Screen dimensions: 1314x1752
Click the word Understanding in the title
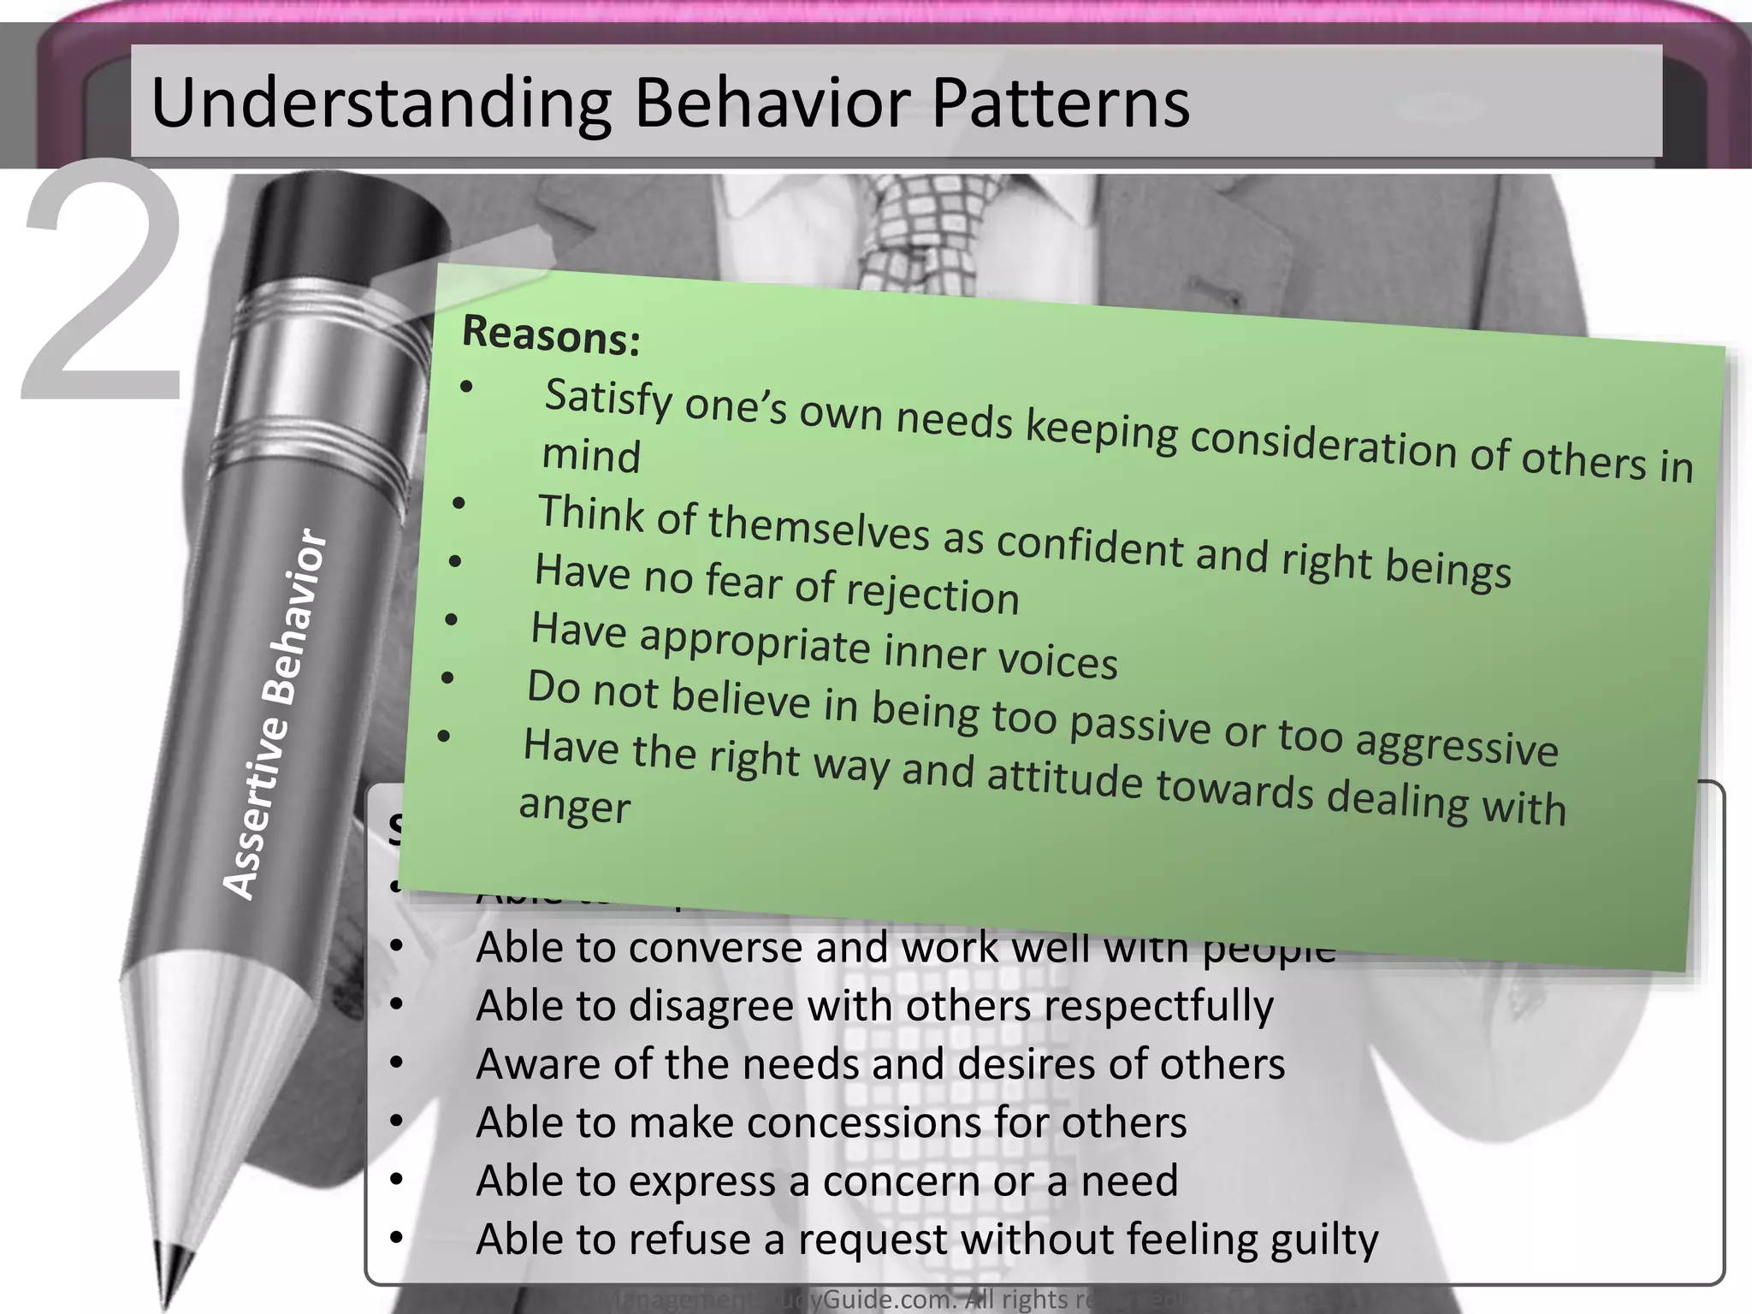coord(381,104)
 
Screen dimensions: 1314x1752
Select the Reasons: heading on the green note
coord(551,334)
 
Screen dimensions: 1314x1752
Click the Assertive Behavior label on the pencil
coord(275,714)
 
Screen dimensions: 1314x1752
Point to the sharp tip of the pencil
coord(167,1296)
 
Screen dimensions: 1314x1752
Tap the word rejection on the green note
coord(932,594)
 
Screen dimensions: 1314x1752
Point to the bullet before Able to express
coord(395,1180)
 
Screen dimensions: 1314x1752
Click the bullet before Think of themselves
coord(459,504)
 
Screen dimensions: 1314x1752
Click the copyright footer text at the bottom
coord(890,1299)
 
